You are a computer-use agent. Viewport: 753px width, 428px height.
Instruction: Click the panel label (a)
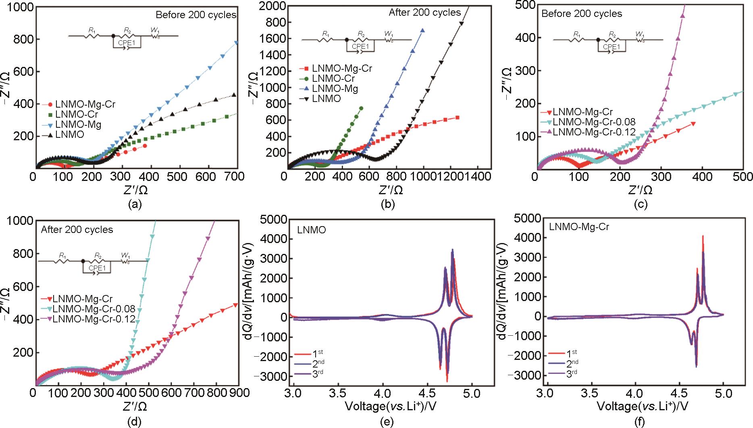pos(135,205)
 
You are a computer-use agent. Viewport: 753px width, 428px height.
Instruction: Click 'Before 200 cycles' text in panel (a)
pos(196,15)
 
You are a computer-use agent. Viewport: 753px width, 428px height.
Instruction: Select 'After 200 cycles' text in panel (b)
pos(425,12)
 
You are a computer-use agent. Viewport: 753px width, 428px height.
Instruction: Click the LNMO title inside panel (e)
pos(312,230)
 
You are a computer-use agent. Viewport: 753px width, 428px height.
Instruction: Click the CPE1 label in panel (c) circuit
pos(611,47)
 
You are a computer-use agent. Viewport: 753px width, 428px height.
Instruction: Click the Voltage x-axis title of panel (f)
pos(641,405)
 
